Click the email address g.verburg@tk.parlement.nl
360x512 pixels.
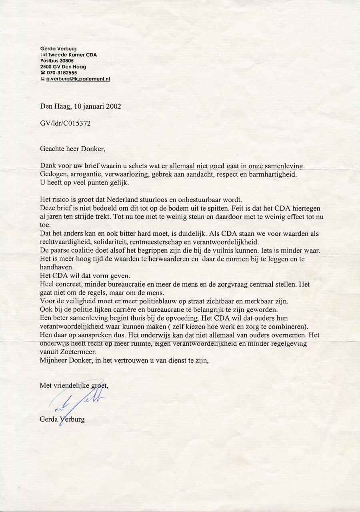point(78,79)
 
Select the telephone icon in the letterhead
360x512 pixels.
point(42,73)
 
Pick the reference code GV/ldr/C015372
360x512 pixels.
point(65,124)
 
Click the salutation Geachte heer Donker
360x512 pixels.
point(72,149)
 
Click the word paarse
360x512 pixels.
point(60,251)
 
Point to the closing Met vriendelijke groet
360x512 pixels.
point(74,386)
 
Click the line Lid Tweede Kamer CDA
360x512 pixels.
point(68,55)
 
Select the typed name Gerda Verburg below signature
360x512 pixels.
point(62,420)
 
